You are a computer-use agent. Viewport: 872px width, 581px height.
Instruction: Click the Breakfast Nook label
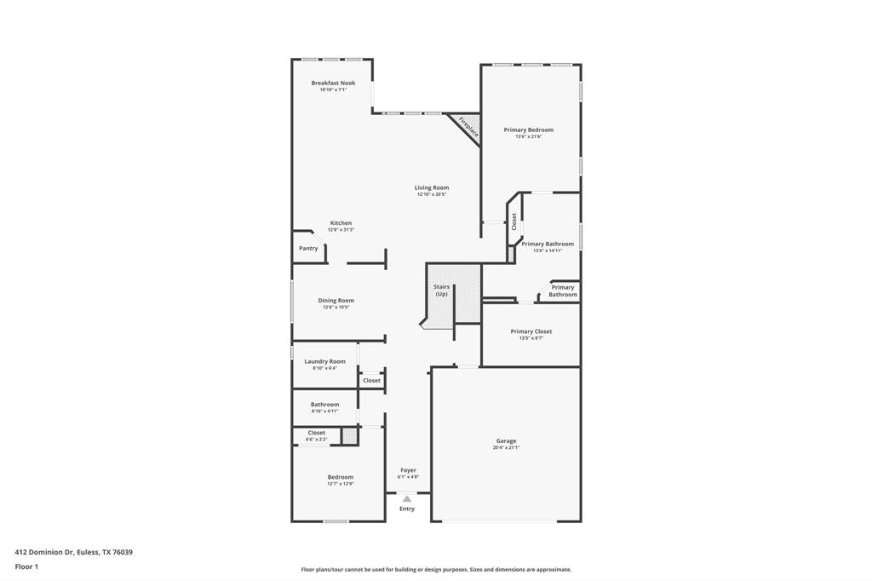pyautogui.click(x=333, y=83)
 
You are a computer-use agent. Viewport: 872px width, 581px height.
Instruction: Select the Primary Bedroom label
pyautogui.click(x=528, y=130)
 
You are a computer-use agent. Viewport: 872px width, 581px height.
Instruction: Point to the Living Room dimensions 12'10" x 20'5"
pyautogui.click(x=432, y=194)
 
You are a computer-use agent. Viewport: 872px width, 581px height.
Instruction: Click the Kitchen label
pyautogui.click(x=341, y=223)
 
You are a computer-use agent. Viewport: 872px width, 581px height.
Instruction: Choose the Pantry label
pyautogui.click(x=308, y=249)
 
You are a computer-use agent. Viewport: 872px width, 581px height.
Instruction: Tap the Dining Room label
pyautogui.click(x=336, y=301)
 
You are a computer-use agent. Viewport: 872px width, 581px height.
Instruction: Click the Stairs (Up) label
pyautogui.click(x=441, y=290)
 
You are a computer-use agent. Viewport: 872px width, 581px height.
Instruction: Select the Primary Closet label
pyautogui.click(x=531, y=331)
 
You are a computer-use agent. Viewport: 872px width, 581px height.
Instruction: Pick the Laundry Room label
pyautogui.click(x=324, y=361)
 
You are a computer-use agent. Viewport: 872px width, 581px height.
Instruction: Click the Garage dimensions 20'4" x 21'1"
pyautogui.click(x=506, y=447)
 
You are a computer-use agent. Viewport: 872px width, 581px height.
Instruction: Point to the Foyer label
pyautogui.click(x=408, y=470)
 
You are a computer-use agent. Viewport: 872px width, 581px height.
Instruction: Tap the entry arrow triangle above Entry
pyautogui.click(x=407, y=499)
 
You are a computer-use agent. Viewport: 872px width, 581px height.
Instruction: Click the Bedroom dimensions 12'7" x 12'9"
pyautogui.click(x=340, y=484)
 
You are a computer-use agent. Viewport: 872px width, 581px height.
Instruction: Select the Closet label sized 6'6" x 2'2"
pyautogui.click(x=316, y=433)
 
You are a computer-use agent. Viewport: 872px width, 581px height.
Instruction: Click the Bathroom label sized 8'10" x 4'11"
pyautogui.click(x=324, y=405)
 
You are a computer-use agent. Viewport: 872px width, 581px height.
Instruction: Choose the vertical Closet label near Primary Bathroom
pyautogui.click(x=514, y=222)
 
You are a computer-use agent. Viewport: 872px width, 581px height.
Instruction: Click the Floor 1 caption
pyautogui.click(x=26, y=567)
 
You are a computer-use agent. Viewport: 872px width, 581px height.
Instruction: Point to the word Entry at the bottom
pyautogui.click(x=407, y=509)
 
